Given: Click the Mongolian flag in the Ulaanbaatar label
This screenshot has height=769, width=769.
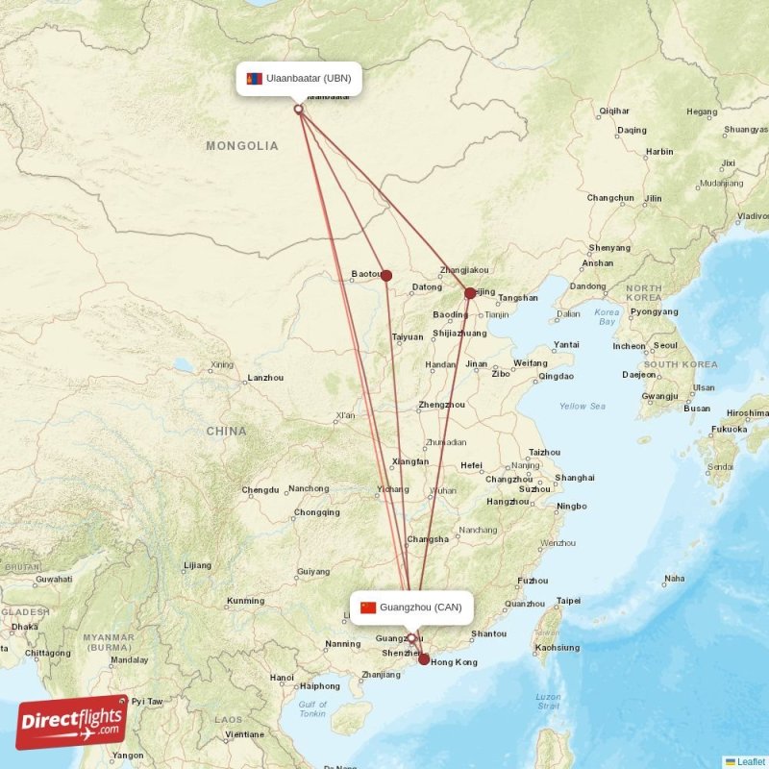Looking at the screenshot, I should [x=255, y=78].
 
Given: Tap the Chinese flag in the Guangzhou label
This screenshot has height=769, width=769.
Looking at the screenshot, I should [x=367, y=608].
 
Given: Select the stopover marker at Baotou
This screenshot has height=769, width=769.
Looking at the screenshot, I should [x=386, y=276].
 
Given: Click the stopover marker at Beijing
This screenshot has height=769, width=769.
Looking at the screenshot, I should [x=470, y=293].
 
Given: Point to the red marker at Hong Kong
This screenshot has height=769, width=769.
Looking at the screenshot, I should [x=424, y=658].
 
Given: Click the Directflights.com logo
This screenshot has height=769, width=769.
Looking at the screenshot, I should [x=72, y=722].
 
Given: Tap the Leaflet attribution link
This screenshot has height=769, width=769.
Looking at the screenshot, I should [x=751, y=761].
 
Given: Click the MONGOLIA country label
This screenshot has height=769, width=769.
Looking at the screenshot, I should [x=242, y=146].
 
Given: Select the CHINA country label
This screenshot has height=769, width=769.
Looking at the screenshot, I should [x=226, y=431].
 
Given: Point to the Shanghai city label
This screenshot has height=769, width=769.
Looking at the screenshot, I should [x=575, y=478].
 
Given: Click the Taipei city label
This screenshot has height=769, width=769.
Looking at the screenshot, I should [x=568, y=601].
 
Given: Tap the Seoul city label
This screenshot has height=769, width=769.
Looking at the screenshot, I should [x=665, y=345].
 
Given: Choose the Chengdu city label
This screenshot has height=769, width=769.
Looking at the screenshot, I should [x=260, y=490].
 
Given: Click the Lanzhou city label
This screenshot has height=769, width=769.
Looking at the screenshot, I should [x=265, y=378].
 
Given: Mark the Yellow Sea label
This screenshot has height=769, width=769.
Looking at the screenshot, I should [x=583, y=406].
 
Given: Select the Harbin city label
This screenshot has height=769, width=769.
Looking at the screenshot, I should [x=659, y=152].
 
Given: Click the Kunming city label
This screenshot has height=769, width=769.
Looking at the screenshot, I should [x=244, y=601].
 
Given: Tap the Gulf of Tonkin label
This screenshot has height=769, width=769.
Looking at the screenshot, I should [x=311, y=709].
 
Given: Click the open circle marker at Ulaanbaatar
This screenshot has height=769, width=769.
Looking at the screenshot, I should [x=298, y=109].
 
